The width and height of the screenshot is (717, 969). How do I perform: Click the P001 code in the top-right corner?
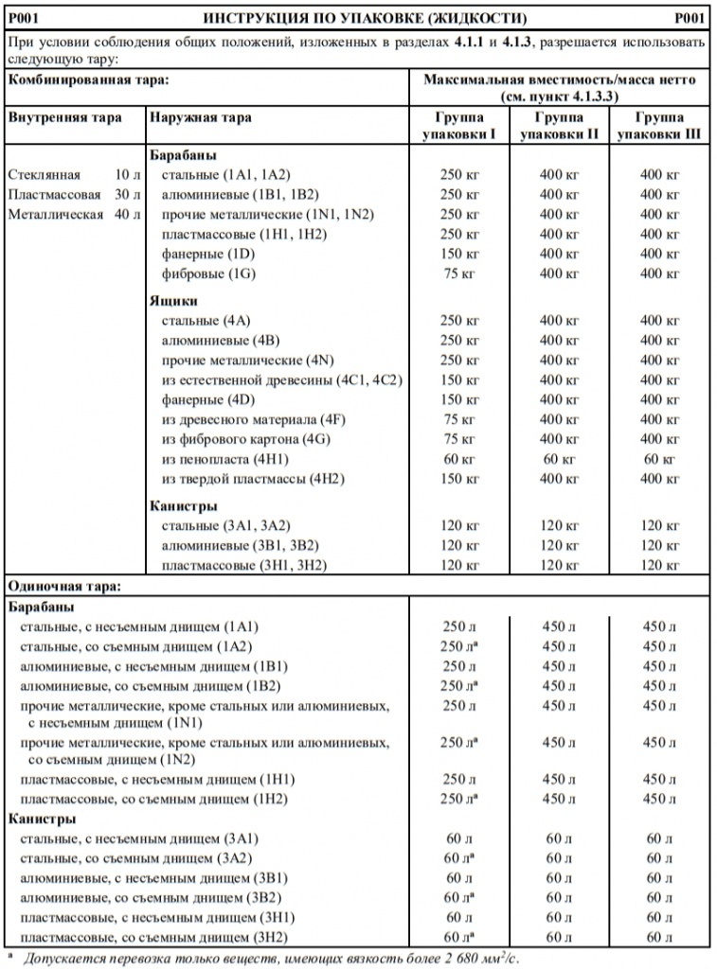691,18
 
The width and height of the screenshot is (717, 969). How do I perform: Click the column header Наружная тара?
200,118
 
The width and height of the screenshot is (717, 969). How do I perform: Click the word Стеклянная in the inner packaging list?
44,175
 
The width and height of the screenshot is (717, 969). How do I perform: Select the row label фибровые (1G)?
209,274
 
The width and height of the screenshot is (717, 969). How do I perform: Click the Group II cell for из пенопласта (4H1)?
558,459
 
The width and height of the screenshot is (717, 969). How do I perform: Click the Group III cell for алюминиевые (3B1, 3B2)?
659,546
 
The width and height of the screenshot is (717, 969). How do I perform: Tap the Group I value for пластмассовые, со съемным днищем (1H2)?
459,799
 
